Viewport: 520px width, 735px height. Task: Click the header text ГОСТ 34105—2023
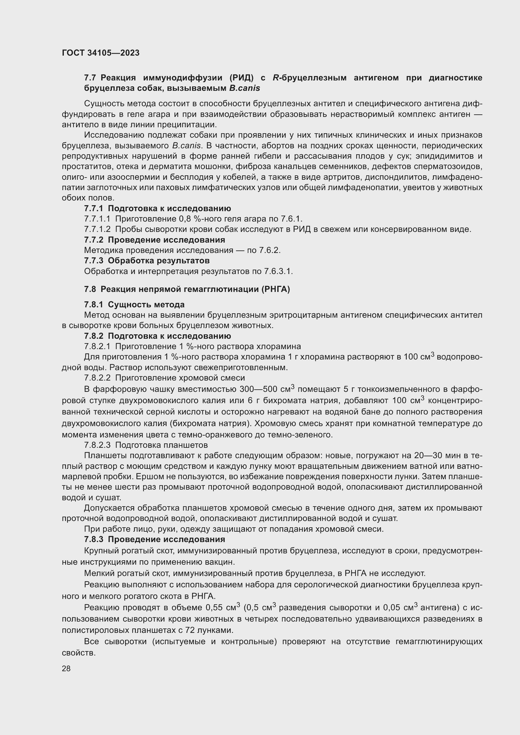[101, 53]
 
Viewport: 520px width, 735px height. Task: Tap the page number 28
[66, 668]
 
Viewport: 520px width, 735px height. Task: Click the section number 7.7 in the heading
[90, 78]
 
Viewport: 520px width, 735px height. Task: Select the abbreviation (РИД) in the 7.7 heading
[241, 78]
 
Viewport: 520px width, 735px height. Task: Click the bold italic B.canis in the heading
[244, 88]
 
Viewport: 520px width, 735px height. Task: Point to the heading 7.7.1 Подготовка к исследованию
[157, 208]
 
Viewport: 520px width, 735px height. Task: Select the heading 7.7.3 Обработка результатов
[147, 261]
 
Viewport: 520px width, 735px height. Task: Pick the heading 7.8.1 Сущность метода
[134, 304]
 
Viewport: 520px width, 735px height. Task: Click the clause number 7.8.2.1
[97, 346]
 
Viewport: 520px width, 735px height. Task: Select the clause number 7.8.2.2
[97, 378]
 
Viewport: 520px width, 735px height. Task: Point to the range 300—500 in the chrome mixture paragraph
[259, 390]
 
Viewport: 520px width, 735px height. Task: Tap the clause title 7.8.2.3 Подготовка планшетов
[146, 445]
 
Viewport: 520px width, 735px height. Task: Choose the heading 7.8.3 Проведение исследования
[154, 539]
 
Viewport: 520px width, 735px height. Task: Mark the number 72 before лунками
[190, 630]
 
